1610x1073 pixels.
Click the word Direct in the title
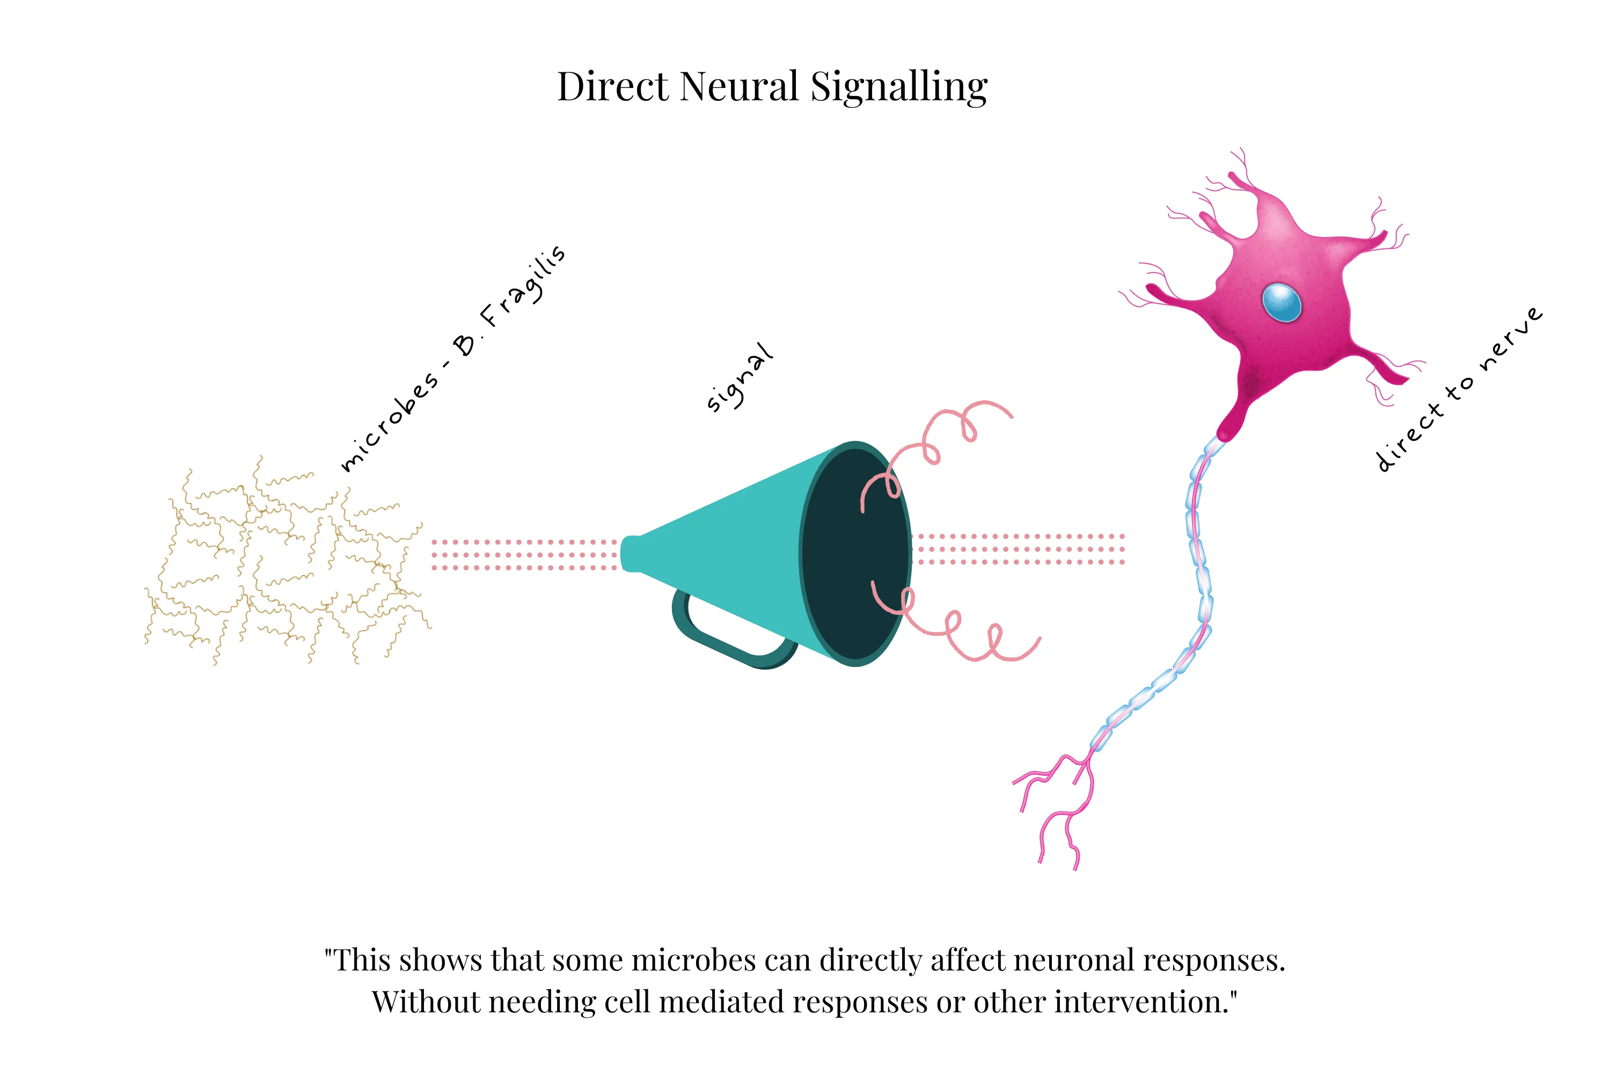(x=613, y=87)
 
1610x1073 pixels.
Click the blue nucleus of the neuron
(x=1282, y=302)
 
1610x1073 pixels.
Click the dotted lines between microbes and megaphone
(x=524, y=554)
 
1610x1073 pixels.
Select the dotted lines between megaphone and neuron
(x=1020, y=549)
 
